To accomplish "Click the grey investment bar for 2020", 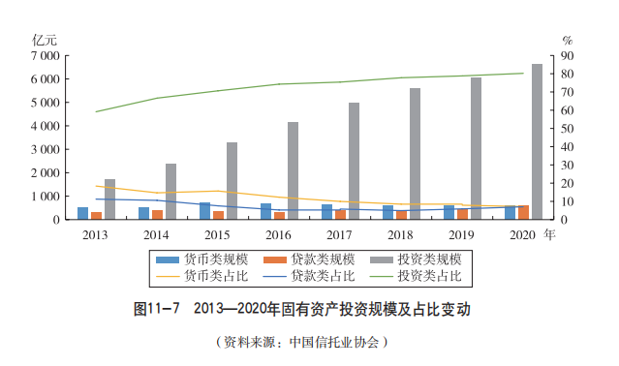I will pyautogui.click(x=537, y=141).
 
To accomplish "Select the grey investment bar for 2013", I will pyautogui.click(x=109, y=198).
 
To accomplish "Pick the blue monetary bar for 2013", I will pyautogui.click(x=83, y=213).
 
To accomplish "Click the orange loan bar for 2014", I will pyautogui.click(x=157, y=214).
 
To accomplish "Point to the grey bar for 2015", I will pyautogui.click(x=232, y=180).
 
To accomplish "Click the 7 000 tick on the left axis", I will pyautogui.click(x=46, y=55).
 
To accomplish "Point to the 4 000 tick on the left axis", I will pyautogui.click(x=46, y=126).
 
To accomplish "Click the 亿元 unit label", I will pyautogui.click(x=46, y=40).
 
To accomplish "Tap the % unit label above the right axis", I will pyautogui.click(x=568, y=40).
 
